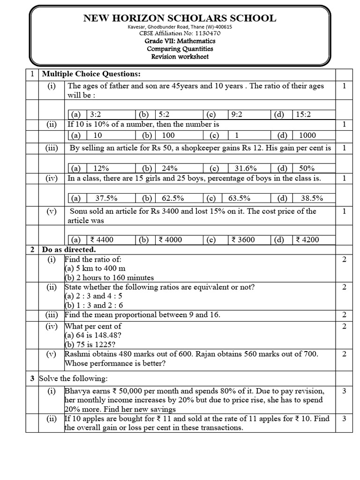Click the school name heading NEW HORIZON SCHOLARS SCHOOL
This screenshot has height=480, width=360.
180,18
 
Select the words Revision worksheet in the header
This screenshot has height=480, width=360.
180,57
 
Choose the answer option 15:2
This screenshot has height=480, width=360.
303,114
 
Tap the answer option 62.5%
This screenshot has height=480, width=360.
172,198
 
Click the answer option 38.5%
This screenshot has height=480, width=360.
311,198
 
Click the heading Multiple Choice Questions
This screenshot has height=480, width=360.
91,74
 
